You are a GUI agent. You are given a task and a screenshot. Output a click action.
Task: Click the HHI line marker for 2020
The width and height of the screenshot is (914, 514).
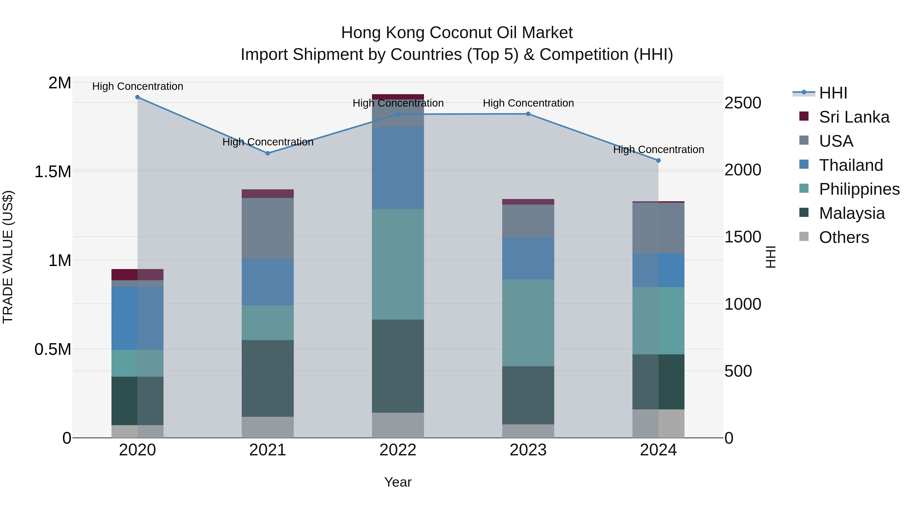pos(137,97)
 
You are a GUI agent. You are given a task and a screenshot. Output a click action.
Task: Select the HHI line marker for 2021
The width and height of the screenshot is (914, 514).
pos(268,153)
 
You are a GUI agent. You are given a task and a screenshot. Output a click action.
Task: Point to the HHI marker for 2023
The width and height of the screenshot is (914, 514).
pos(528,114)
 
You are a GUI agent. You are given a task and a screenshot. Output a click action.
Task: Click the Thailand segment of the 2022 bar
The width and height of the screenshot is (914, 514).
pos(398,168)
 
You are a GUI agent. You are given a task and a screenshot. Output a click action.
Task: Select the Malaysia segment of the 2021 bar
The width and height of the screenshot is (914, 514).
pos(268,378)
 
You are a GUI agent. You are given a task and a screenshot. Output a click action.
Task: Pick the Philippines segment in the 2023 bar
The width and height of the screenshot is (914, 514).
pos(528,323)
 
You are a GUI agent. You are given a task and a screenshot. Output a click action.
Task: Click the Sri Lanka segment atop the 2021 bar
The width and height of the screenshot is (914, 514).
pos(268,194)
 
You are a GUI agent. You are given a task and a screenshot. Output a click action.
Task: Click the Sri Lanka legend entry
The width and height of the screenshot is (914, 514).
pos(854,117)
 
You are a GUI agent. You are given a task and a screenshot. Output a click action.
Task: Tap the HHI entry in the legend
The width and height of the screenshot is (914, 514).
pos(833,93)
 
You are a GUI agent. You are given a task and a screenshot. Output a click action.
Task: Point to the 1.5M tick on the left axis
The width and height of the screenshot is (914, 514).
pos(53,172)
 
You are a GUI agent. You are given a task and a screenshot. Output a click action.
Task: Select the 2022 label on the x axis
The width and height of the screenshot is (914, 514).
pos(398,450)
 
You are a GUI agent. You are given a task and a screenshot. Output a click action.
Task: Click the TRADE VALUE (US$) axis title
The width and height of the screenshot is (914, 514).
pos(8,257)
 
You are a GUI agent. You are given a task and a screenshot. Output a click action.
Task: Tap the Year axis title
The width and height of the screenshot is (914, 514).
pos(398,482)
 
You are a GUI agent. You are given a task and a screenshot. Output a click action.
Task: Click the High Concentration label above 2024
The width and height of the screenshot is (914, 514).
pos(659,150)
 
